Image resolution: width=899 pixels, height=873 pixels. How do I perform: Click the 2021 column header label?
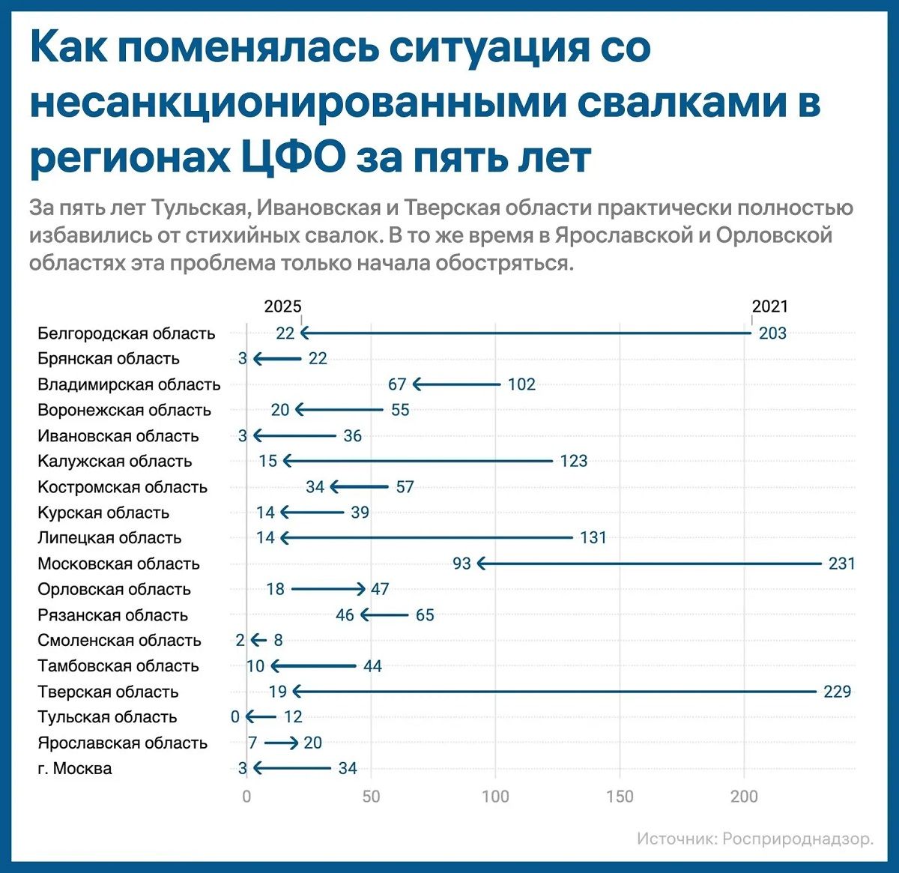(x=770, y=306)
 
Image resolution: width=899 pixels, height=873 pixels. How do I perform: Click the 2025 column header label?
(x=282, y=306)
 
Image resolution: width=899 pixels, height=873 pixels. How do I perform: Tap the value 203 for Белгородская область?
(x=772, y=333)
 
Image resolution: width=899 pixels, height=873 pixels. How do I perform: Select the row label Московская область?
(x=118, y=564)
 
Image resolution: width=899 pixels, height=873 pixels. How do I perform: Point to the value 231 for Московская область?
(x=842, y=564)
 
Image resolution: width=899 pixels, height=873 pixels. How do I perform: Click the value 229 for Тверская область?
(x=838, y=692)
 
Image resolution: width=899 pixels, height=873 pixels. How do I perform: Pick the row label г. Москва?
(x=75, y=769)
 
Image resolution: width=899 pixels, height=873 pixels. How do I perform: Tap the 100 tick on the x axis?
(x=495, y=797)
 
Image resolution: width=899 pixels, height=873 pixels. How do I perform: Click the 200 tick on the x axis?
(x=744, y=797)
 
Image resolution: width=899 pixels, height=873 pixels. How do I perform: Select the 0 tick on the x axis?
(x=246, y=797)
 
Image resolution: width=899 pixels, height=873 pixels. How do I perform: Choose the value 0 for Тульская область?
(x=235, y=717)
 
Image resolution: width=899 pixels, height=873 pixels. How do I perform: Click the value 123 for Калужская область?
(x=574, y=461)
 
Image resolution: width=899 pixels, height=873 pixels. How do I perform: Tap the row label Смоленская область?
(x=119, y=641)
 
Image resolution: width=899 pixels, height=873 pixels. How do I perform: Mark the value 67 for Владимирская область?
(x=397, y=384)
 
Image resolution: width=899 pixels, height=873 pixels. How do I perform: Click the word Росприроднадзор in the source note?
(x=798, y=839)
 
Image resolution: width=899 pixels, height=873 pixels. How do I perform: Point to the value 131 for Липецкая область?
(x=593, y=537)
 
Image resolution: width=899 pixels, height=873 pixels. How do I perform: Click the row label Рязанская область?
(x=112, y=615)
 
